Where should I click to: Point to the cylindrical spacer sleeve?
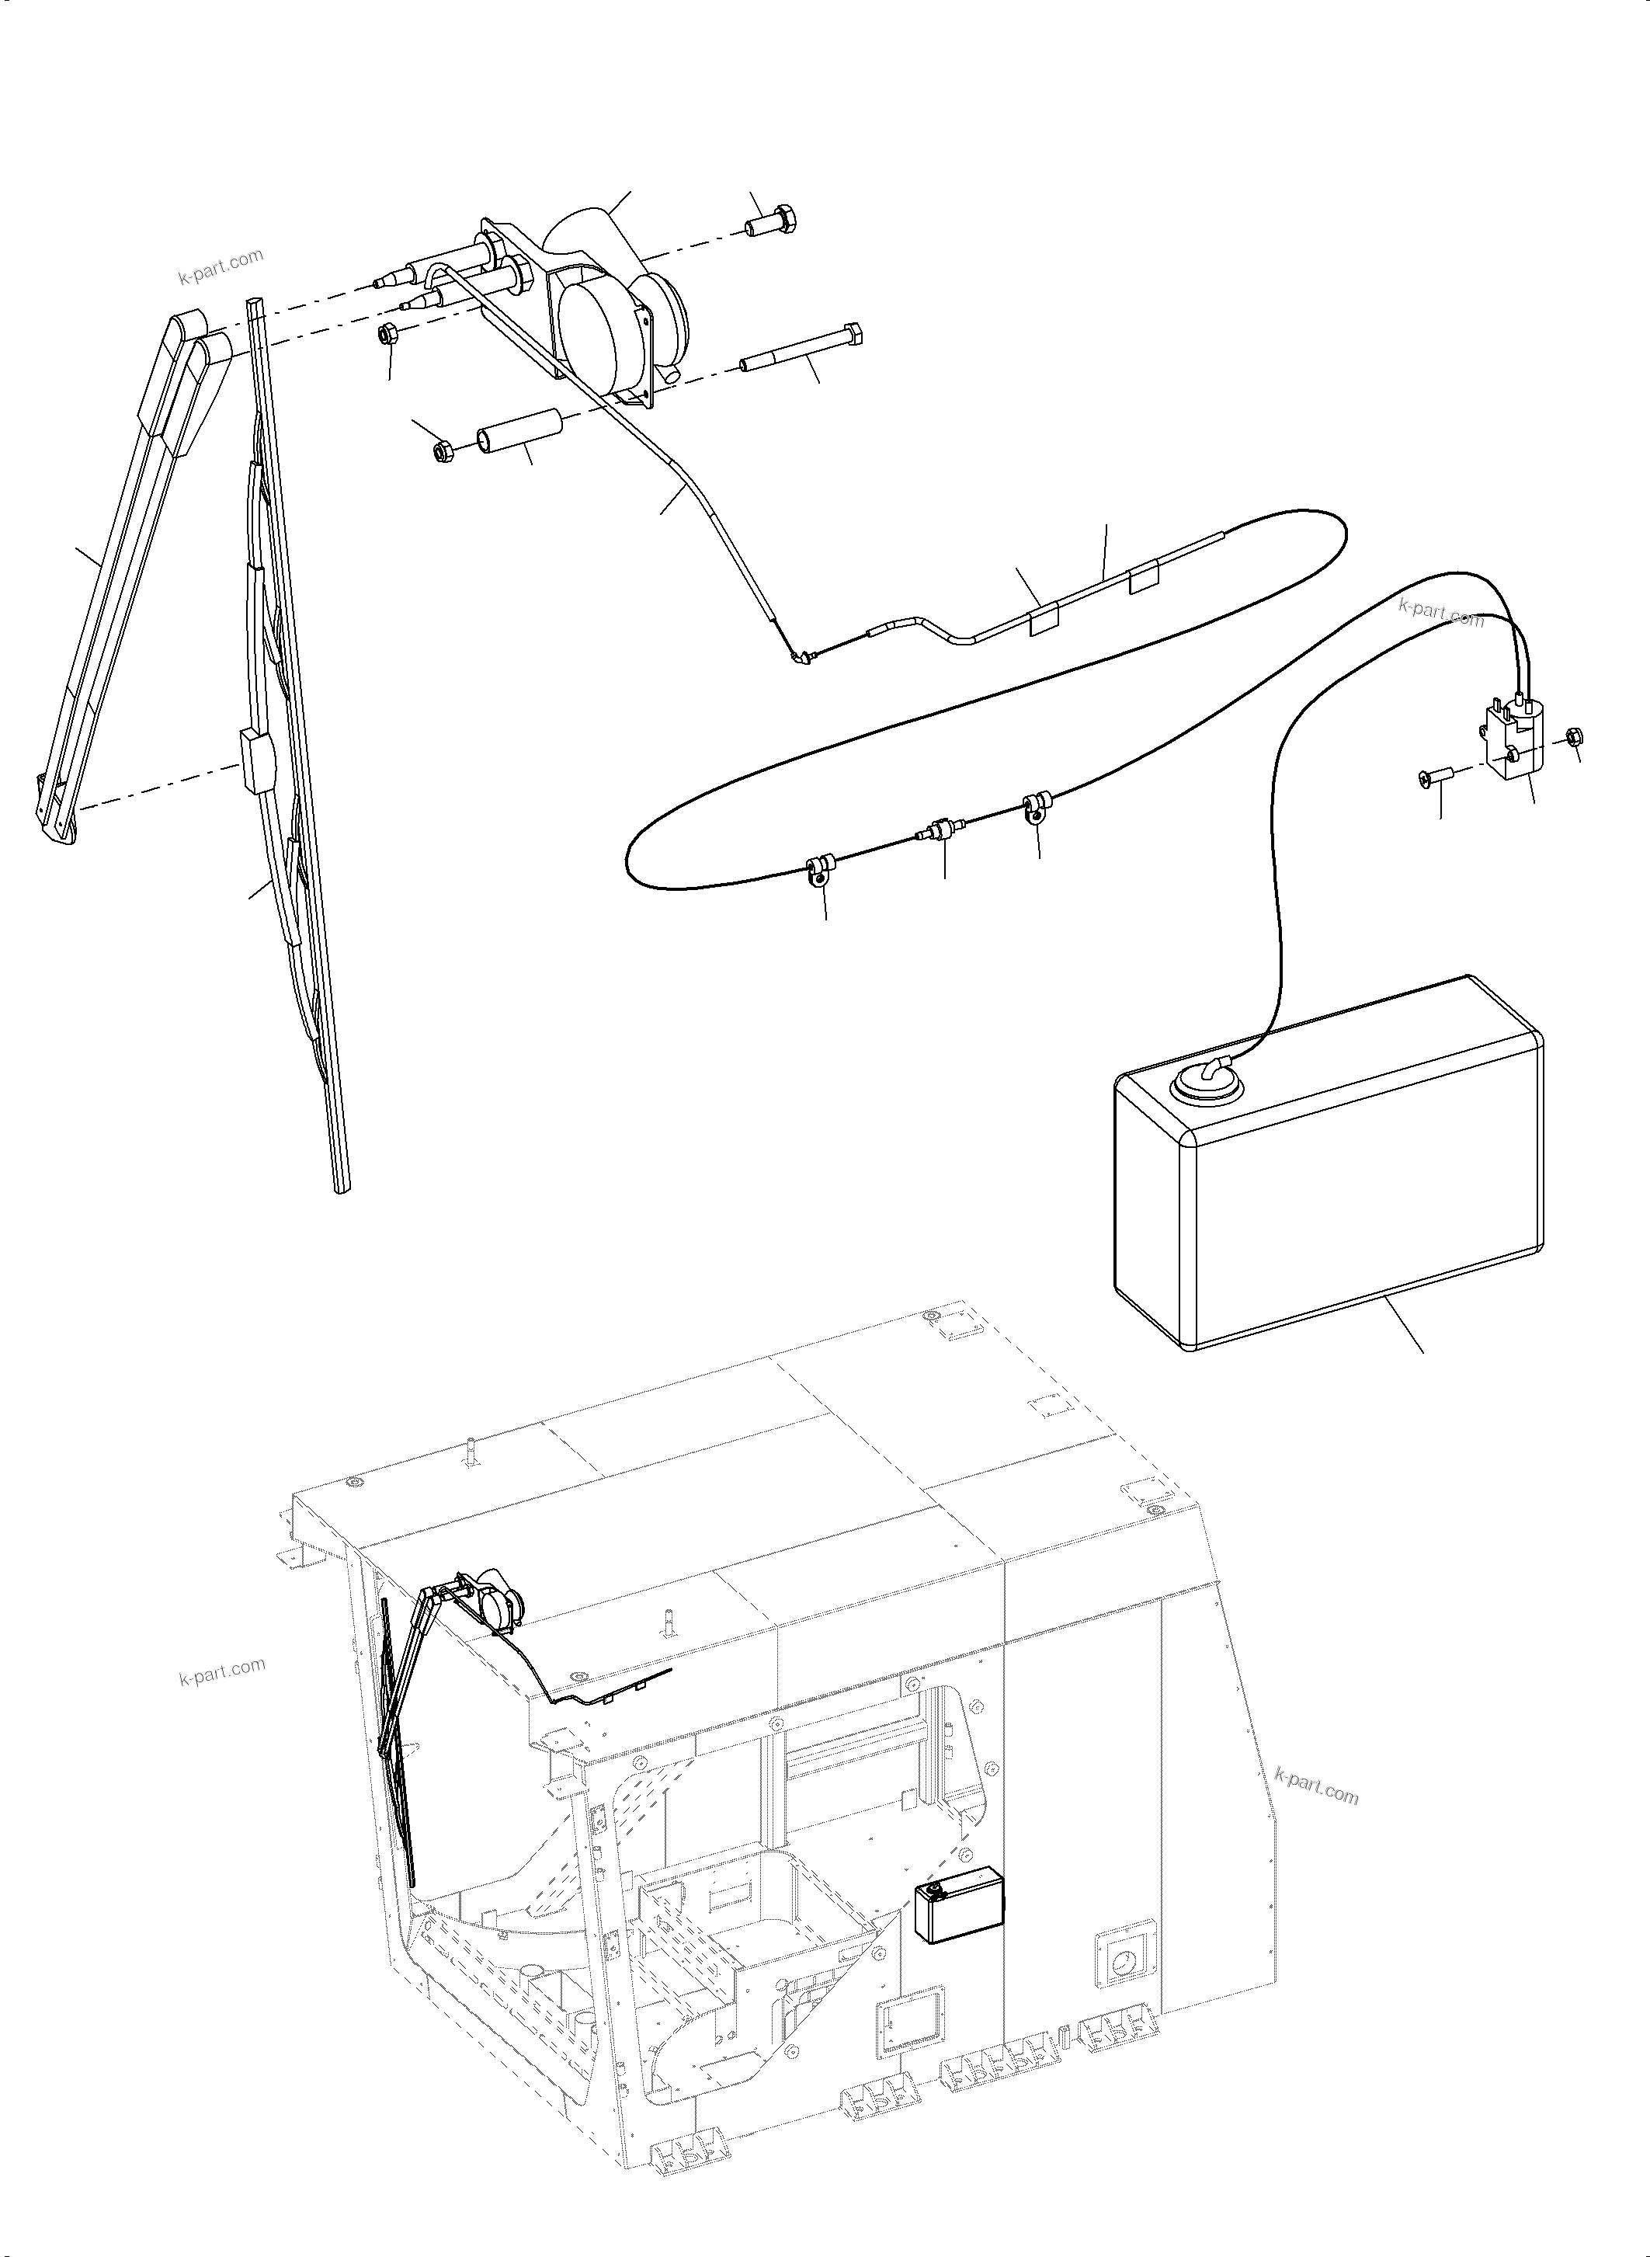(519, 433)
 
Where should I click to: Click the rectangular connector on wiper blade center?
(257, 760)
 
